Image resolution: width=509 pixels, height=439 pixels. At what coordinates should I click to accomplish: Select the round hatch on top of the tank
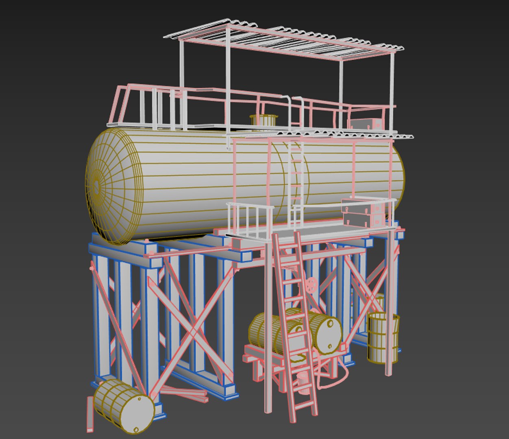263,120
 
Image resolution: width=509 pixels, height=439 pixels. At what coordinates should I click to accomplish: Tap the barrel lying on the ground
124,407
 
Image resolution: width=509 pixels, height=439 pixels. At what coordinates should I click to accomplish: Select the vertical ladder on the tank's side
296,179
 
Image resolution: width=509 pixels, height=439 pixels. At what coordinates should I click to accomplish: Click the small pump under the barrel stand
303,382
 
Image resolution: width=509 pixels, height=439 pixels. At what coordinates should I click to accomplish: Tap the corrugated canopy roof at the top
285,41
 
